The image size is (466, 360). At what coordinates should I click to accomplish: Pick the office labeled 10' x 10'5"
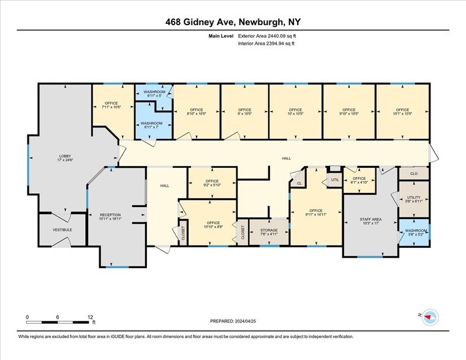[295, 111]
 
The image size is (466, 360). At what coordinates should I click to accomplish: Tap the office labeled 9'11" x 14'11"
[317, 212]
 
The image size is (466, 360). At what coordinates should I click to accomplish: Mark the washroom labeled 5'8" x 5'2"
[414, 233]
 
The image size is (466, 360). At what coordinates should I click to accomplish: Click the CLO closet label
[414, 174]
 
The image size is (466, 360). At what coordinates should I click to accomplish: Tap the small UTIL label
[334, 180]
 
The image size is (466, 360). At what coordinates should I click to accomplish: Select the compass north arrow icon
[431, 317]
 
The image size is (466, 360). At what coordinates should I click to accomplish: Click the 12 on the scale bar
[90, 317]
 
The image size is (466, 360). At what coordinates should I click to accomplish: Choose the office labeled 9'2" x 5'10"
[212, 183]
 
